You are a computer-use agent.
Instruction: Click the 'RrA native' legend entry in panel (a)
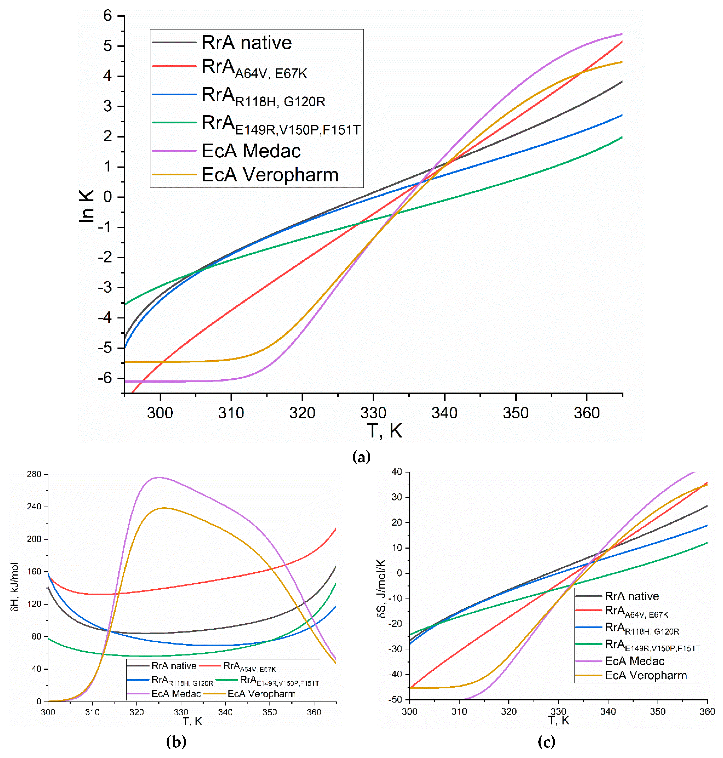(x=247, y=42)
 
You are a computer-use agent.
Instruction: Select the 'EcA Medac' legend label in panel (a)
(x=251, y=151)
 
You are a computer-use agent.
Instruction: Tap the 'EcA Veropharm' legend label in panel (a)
(x=270, y=175)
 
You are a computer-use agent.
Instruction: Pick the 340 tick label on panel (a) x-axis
(x=444, y=413)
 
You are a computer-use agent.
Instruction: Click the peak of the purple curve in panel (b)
(x=159, y=477)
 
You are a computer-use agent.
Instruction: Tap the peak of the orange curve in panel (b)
(x=164, y=508)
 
